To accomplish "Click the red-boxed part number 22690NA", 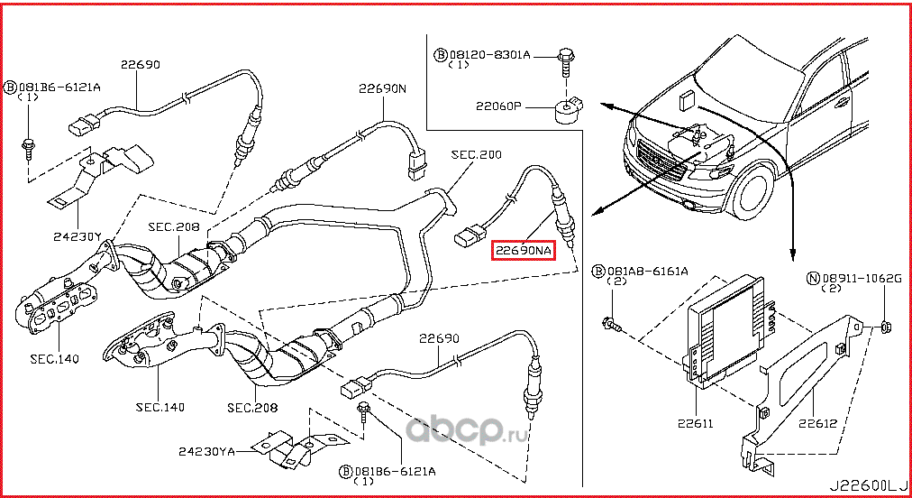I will pos(522,250).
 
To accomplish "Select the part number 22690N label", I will pos(383,89).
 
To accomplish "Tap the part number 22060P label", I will pos(499,106).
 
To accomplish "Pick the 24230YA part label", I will pos(206,450).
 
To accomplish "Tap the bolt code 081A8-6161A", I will pos(646,271).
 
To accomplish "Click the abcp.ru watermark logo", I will pos(469,431).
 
